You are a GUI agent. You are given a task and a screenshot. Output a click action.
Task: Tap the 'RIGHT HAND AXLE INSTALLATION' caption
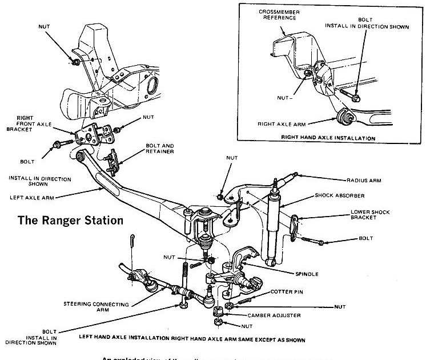(x=328, y=138)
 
